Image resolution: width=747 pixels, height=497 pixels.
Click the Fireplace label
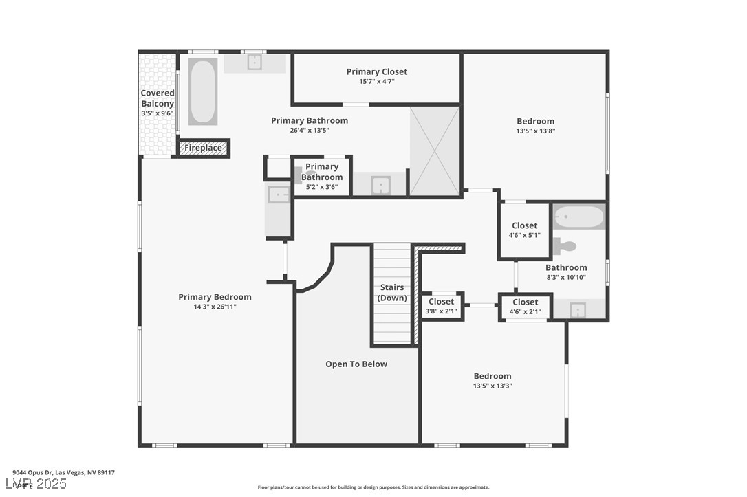click(x=203, y=148)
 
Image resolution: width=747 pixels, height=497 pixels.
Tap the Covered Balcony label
click(x=158, y=98)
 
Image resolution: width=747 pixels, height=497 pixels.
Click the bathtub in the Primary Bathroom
click(x=203, y=91)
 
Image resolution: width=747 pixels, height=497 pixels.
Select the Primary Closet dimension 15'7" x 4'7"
click(x=376, y=82)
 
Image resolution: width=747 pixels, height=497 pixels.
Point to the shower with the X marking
click(x=435, y=151)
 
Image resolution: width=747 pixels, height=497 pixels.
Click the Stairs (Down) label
click(x=392, y=293)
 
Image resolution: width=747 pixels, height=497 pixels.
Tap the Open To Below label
click(x=356, y=364)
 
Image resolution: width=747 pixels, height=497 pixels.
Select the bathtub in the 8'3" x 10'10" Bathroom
click(x=579, y=217)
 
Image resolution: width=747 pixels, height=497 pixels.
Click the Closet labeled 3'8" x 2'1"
click(x=441, y=306)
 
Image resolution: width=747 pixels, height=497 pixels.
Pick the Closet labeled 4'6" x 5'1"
click(x=524, y=230)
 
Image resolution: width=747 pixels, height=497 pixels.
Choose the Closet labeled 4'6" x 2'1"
click(x=525, y=307)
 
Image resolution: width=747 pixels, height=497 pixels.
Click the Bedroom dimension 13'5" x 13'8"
click(x=535, y=131)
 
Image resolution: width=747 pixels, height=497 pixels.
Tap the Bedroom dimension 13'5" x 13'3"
click(x=492, y=386)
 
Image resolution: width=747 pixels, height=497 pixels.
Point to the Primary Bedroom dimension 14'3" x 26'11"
click(x=215, y=307)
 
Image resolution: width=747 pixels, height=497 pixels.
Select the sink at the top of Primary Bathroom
click(x=255, y=63)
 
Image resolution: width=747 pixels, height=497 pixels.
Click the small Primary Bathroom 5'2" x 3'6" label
click(x=321, y=177)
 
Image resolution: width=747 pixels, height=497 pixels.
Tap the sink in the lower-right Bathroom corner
click(x=578, y=310)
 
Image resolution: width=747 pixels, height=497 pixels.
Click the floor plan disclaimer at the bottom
click(x=373, y=487)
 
